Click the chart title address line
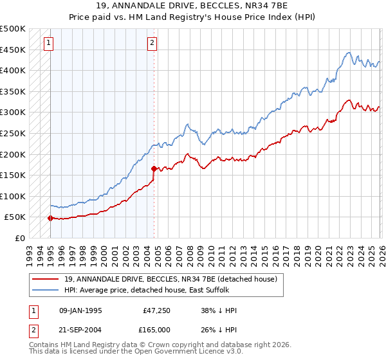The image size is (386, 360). point(193,6)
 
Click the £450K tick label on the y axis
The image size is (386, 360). point(13,50)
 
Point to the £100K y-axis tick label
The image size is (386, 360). point(13,196)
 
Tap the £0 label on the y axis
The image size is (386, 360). point(19,238)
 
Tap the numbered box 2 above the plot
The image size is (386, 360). point(152,43)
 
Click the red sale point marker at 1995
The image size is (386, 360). point(50,218)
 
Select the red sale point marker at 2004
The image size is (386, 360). point(154,168)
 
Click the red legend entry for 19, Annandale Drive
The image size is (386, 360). point(170,279)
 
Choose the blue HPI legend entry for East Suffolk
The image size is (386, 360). point(151,291)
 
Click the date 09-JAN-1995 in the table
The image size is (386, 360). point(80,310)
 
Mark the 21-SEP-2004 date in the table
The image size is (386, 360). point(80,331)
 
